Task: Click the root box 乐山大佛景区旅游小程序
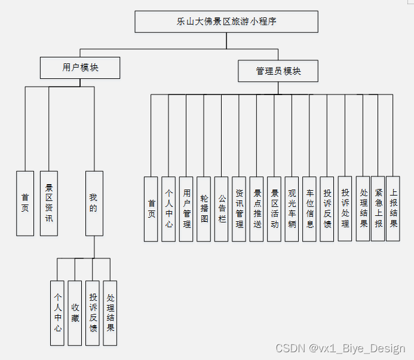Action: pyautogui.click(x=226, y=22)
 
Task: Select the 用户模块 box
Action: pyautogui.click(x=80, y=68)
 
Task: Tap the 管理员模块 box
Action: pyautogui.click(x=278, y=71)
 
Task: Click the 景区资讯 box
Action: pyautogui.click(x=49, y=204)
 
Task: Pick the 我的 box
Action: pyautogui.click(x=94, y=204)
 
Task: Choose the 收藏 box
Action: pyautogui.click(x=75, y=313)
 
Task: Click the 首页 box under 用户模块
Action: pyautogui.click(x=25, y=204)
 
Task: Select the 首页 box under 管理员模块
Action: pyautogui.click(x=151, y=209)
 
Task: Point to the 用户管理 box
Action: pyautogui.click(x=186, y=209)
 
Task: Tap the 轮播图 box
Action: pyautogui.click(x=204, y=209)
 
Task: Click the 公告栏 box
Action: pyautogui.click(x=222, y=209)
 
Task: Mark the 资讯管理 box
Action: pyautogui.click(x=239, y=209)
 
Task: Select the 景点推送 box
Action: pyautogui.click(x=257, y=209)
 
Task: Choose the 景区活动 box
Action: pyautogui.click(x=274, y=209)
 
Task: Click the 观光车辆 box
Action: pyautogui.click(x=292, y=209)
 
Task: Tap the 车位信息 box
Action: pyautogui.click(x=309, y=209)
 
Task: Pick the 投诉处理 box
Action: pyautogui.click(x=345, y=209)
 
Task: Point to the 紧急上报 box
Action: pyautogui.click(x=378, y=209)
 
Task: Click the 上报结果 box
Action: pyautogui.click(x=393, y=209)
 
